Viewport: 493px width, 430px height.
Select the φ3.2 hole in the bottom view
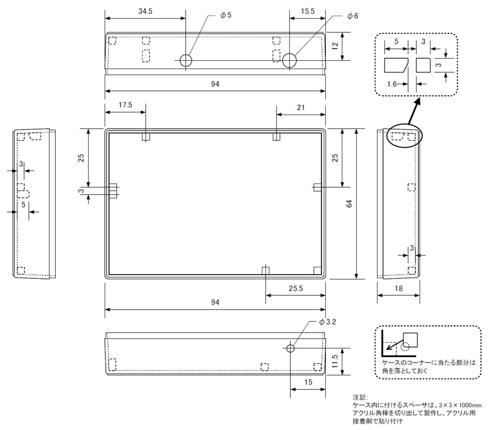(290, 348)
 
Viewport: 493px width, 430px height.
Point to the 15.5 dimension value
(308, 11)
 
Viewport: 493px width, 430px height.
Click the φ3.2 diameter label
(328, 322)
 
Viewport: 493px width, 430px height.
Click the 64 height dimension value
(349, 203)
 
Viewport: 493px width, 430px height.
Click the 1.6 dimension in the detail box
(391, 84)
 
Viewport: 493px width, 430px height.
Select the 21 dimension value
(301, 107)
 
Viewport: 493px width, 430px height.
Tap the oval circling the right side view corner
(405, 135)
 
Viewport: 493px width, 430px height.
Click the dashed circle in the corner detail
(405, 347)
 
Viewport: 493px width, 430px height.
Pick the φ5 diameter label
(226, 15)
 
